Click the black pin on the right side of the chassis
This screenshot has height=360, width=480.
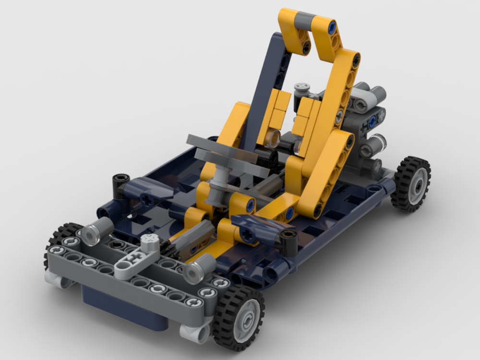(x=288, y=242)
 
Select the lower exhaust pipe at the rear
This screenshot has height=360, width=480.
(x=374, y=144)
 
